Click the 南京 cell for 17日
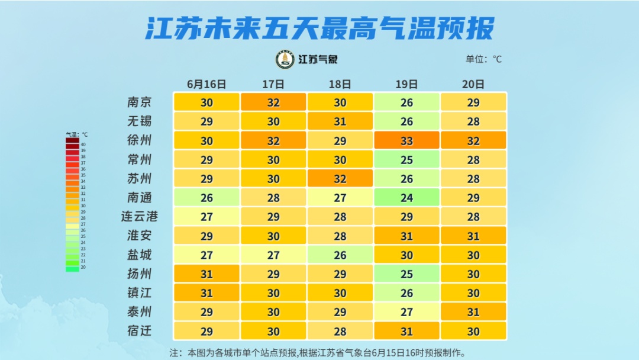(x=273, y=102)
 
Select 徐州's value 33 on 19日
(x=406, y=141)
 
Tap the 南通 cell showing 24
(x=406, y=198)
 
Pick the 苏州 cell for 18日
(x=340, y=179)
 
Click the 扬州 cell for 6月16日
(x=206, y=274)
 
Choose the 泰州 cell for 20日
(x=473, y=312)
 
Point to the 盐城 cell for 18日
(x=340, y=255)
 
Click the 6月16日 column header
(x=206, y=84)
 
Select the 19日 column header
(x=406, y=84)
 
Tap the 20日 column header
(x=473, y=84)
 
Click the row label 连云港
(x=140, y=217)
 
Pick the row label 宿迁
(x=140, y=330)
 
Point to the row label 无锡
(x=140, y=121)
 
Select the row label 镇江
(x=140, y=292)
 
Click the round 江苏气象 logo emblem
(x=285, y=60)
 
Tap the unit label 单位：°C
(x=484, y=59)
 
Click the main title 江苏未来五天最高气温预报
(x=319, y=28)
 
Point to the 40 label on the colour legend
(x=83, y=144)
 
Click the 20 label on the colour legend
(x=83, y=268)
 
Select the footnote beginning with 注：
(x=318, y=353)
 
